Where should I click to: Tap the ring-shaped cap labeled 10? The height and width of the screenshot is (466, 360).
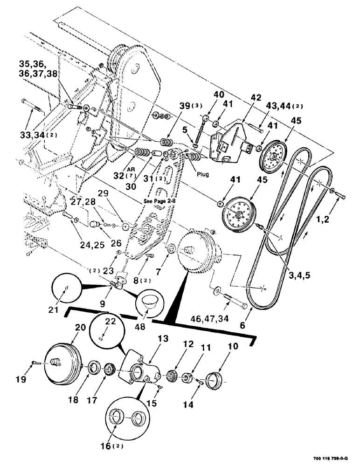215,377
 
